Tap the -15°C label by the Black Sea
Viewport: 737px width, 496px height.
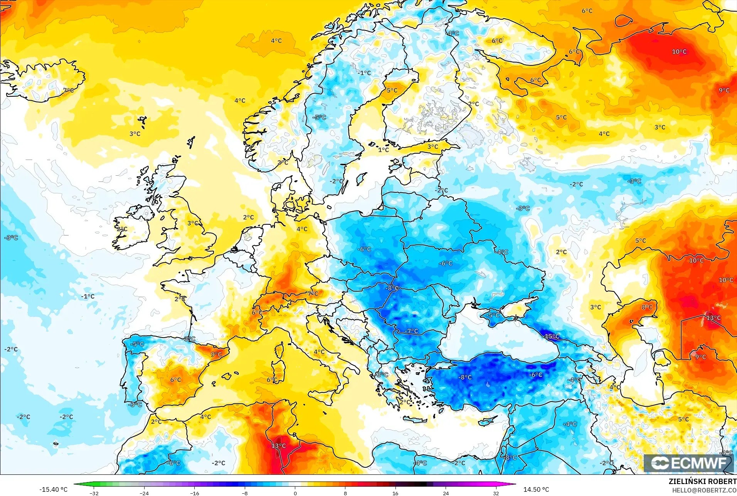[552, 336]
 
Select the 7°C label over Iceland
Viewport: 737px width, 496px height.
[69, 90]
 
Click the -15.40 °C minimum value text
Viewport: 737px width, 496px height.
[53, 489]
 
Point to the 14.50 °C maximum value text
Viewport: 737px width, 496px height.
[536, 489]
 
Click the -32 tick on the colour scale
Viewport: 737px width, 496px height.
[94, 493]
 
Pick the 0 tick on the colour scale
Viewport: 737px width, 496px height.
[295, 493]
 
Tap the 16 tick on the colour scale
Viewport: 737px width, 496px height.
[395, 493]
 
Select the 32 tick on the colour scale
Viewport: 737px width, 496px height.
[496, 493]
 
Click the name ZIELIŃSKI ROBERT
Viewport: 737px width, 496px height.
[702, 481]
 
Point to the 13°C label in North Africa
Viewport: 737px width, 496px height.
[278, 446]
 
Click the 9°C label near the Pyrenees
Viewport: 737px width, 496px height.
[216, 354]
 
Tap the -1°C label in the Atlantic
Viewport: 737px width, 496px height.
[88, 296]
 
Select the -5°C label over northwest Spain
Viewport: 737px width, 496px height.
[137, 344]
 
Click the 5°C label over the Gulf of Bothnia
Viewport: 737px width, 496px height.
[392, 91]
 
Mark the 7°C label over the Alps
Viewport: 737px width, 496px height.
[313, 294]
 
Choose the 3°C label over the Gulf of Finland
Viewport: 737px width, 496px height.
[432, 147]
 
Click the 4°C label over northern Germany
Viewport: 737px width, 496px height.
[302, 229]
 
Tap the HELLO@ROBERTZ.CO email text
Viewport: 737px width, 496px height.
[704, 490]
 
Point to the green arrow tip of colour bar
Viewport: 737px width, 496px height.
[74, 484]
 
